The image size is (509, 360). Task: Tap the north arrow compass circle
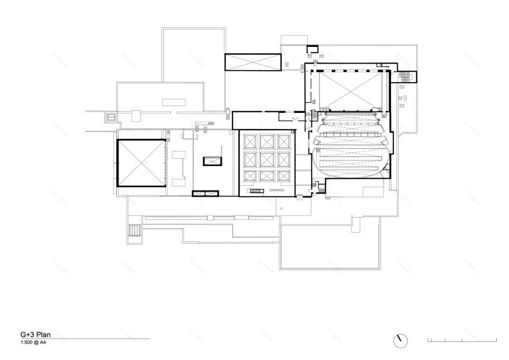399,340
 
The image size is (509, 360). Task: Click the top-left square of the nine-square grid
250,141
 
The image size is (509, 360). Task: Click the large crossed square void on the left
141,163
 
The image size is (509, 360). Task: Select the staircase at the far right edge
409,76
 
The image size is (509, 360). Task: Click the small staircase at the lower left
135,230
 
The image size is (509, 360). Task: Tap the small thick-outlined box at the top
312,49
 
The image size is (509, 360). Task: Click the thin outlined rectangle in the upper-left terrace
172,102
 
